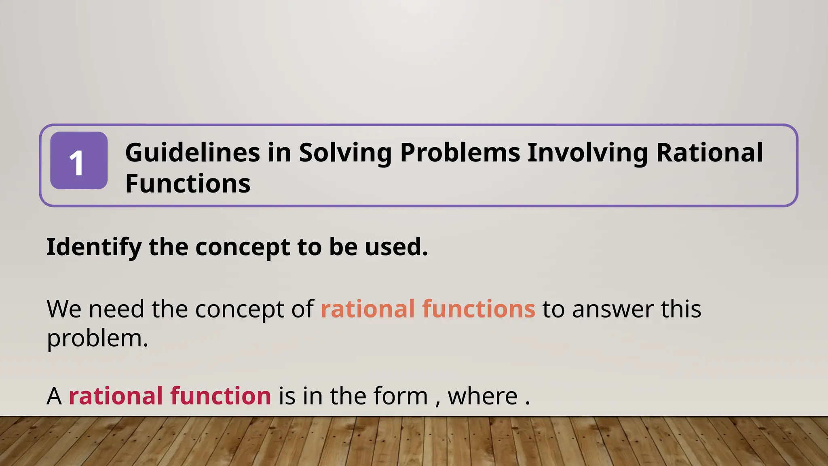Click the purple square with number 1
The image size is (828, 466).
point(79,161)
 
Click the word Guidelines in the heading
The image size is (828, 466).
point(192,153)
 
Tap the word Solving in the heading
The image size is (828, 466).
point(345,153)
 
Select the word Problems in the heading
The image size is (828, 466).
point(460,153)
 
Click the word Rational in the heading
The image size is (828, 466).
point(709,153)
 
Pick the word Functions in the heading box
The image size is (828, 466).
point(188,184)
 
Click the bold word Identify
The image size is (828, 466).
point(94,247)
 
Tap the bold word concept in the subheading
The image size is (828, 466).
point(242,247)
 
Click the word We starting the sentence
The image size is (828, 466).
point(64,309)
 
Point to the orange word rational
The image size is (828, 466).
point(368,309)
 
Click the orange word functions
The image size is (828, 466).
point(479,309)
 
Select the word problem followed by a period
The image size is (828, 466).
point(97,338)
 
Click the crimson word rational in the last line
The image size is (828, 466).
point(116,396)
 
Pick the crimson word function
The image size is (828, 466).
point(220,396)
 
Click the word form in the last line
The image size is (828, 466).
point(400,396)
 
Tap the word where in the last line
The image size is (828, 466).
point(483,396)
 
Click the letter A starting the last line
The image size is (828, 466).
point(54,396)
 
